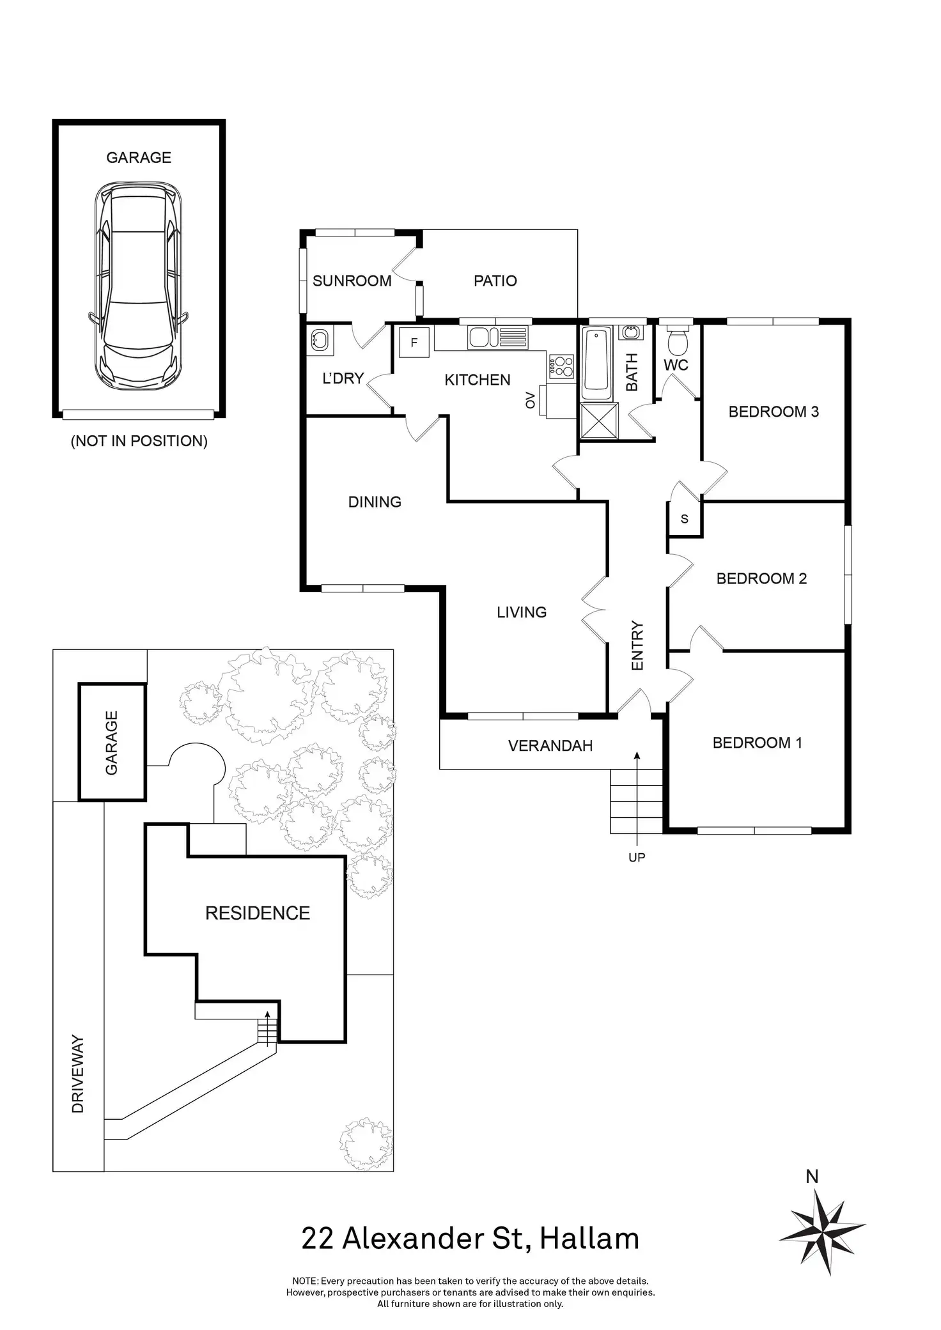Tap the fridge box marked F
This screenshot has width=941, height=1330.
pyautogui.click(x=414, y=342)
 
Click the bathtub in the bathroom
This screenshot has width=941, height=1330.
pyautogui.click(x=597, y=360)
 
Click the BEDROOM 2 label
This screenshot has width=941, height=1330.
pyautogui.click(x=761, y=578)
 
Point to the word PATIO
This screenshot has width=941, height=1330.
pyautogui.click(x=495, y=281)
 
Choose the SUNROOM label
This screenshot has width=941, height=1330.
pyautogui.click(x=352, y=281)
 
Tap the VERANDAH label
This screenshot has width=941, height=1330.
pyautogui.click(x=550, y=745)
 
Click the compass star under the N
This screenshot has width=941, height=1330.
pyautogui.click(x=821, y=1236)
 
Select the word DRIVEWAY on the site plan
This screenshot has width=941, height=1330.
pyautogui.click(x=78, y=1074)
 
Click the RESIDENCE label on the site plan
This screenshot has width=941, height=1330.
pyautogui.click(x=258, y=913)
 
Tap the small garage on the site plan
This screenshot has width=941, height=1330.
pyautogui.click(x=113, y=742)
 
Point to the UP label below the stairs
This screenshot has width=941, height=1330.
pyautogui.click(x=637, y=857)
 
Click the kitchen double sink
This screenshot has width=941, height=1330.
pyautogui.click(x=499, y=337)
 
